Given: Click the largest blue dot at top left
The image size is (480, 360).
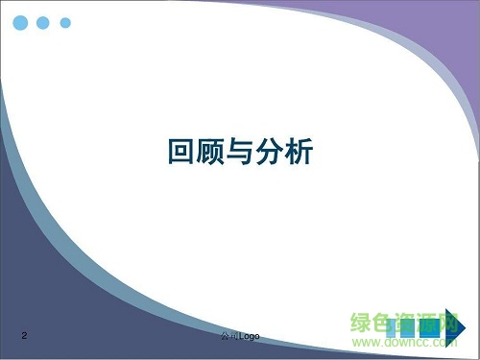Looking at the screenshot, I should point(18,21).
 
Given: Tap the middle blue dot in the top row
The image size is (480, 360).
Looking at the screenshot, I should point(43,22).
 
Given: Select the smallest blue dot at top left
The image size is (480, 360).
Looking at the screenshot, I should point(65,22).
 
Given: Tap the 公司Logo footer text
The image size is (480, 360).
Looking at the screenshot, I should point(240,335).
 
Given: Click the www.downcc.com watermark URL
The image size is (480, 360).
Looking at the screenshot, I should point(403,340).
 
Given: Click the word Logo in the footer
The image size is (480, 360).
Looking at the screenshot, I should point(249,335).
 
